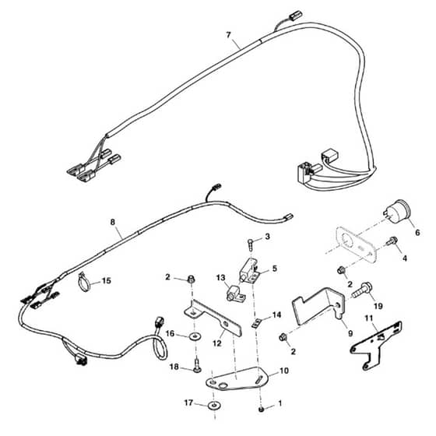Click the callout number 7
pyautogui.click(x=228, y=35)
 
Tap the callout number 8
pyautogui.click(x=113, y=222)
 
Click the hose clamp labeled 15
pyautogui.click(x=84, y=281)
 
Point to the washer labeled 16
pyautogui.click(x=196, y=337)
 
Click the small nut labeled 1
pyautogui.click(x=261, y=409)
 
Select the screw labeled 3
pyautogui.click(x=251, y=244)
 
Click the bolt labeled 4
pyautogui.click(x=391, y=241)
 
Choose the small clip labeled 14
pyautogui.click(x=256, y=323)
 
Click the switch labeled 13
pyautogui.click(x=235, y=294)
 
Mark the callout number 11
pyautogui.click(x=369, y=318)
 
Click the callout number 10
pyautogui.click(x=284, y=371)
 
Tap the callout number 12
pyautogui.click(x=217, y=343)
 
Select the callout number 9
pyautogui.click(x=350, y=333)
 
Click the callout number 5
pyautogui.click(x=274, y=269)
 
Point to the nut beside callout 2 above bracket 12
pyautogui.click(x=191, y=279)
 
